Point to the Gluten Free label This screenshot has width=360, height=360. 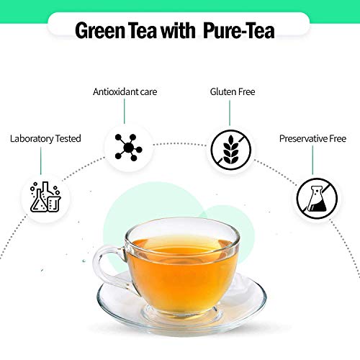233,92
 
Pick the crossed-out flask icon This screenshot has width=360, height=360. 317,198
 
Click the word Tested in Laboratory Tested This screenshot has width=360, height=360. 66,138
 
